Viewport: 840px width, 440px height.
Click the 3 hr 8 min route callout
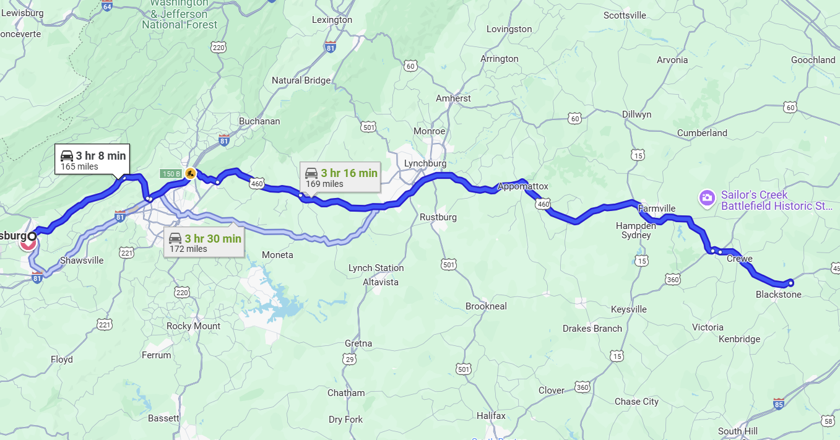click(92, 160)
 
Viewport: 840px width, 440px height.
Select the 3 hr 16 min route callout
click(340, 178)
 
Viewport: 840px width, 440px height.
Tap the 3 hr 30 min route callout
click(204, 243)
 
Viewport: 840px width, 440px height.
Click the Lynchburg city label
click(425, 163)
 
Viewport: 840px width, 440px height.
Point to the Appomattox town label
click(523, 186)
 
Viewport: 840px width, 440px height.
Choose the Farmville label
click(656, 209)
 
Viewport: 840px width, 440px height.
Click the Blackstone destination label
click(778, 295)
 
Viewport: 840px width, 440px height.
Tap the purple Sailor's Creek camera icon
click(706, 198)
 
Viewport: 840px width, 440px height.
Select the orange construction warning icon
click(190, 173)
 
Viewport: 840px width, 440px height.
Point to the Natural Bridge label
click(305, 80)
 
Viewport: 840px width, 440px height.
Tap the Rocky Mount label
click(193, 326)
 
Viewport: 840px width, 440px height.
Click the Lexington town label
click(332, 20)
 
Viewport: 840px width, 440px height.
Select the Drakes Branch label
click(592, 329)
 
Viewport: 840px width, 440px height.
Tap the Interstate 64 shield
click(107, 5)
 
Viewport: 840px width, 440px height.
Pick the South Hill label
click(737, 431)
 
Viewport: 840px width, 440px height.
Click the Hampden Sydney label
click(636, 230)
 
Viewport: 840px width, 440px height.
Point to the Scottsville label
click(625, 15)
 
